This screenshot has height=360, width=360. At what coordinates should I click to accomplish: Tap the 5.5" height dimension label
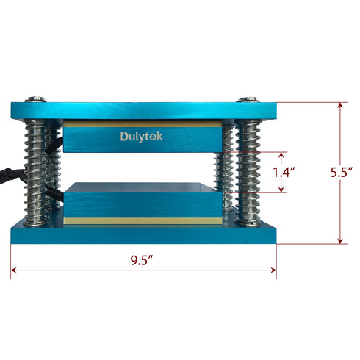tap(342, 173)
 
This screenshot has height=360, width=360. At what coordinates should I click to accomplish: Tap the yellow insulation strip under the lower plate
tap(142, 220)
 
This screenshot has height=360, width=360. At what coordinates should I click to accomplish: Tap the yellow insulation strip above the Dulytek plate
tap(142, 125)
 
